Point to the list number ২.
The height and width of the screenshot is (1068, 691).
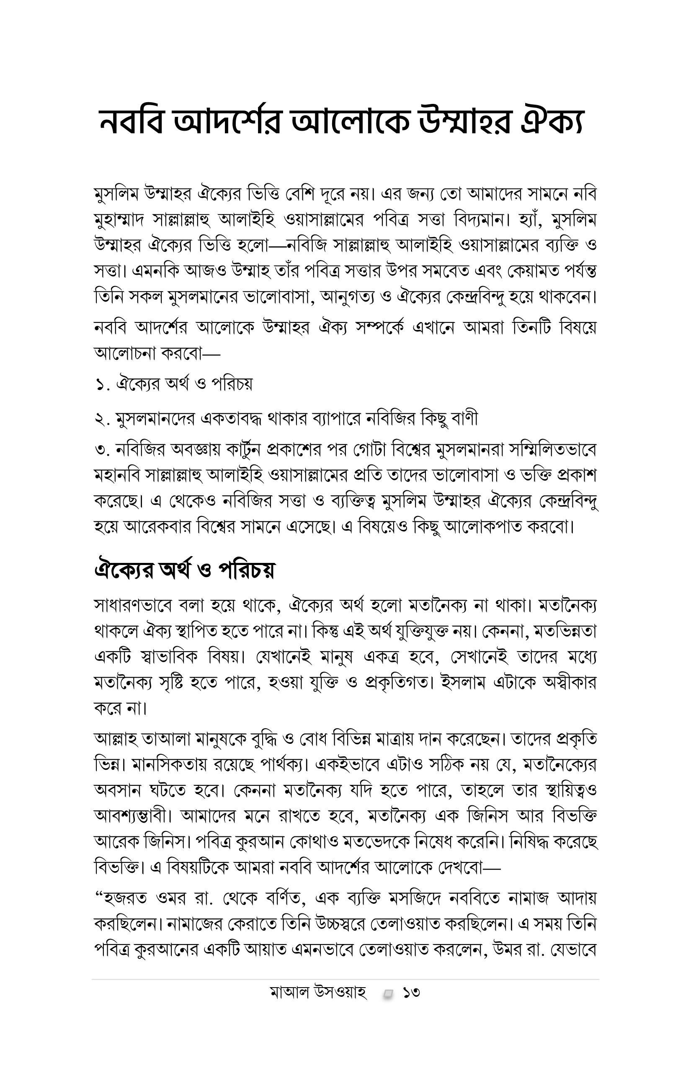tap(103, 419)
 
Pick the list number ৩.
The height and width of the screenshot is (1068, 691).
tap(103, 450)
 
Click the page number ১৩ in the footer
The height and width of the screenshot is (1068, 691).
tap(411, 992)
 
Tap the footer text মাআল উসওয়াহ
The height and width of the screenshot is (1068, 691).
tap(319, 992)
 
